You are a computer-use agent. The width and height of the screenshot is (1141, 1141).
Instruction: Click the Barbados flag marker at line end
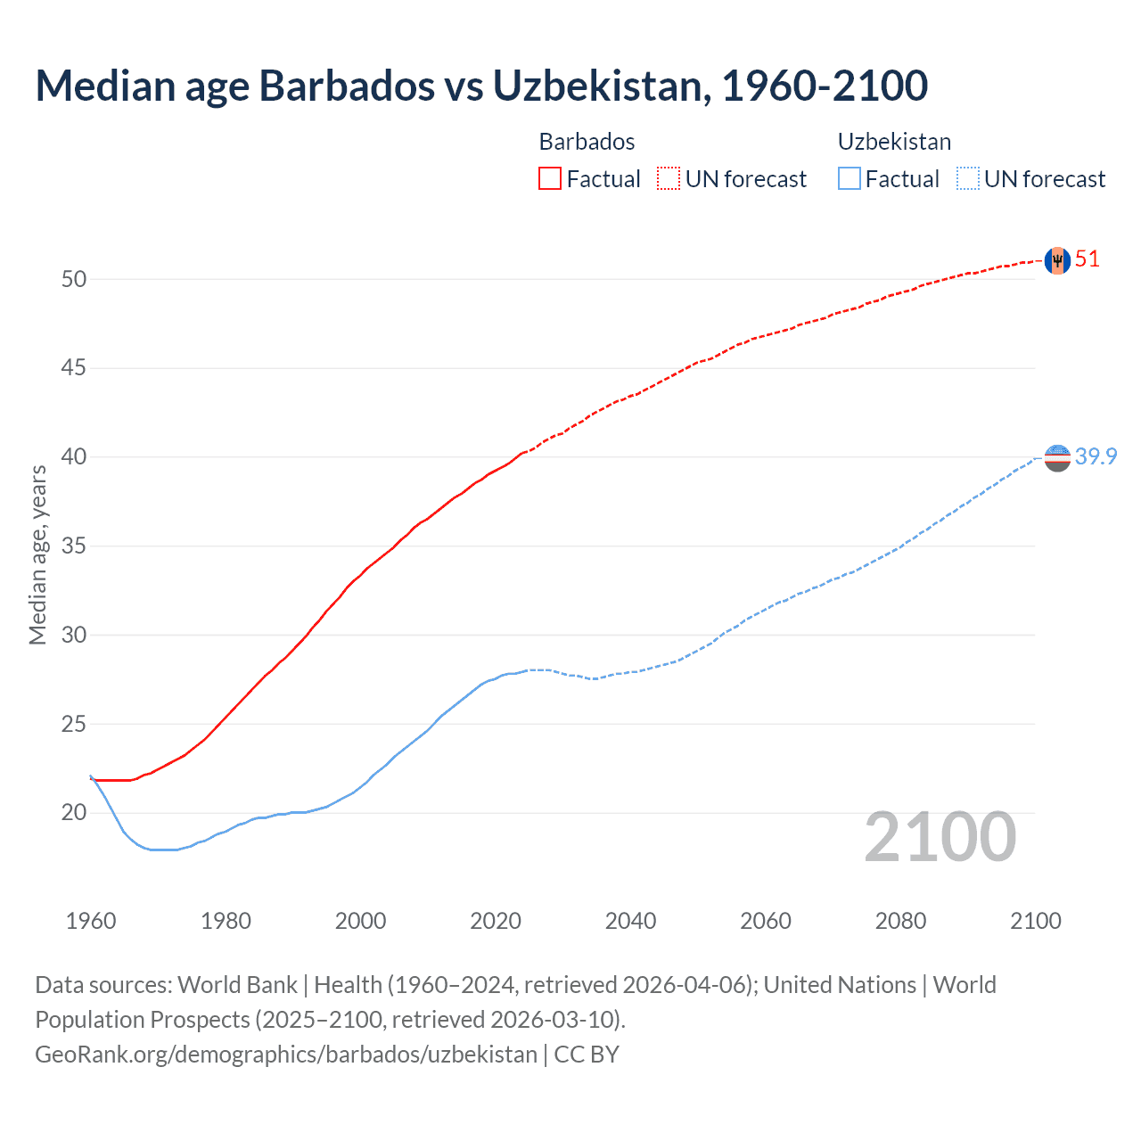(x=1056, y=260)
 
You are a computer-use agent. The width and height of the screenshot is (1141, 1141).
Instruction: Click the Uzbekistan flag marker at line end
(x=1056, y=457)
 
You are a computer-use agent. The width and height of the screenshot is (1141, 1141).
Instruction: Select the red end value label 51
(x=1088, y=259)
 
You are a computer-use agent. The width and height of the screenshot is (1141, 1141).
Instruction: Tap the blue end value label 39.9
(x=1096, y=456)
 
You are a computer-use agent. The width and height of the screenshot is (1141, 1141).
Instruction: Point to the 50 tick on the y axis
(x=74, y=279)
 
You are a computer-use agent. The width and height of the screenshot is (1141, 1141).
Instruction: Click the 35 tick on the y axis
(x=74, y=546)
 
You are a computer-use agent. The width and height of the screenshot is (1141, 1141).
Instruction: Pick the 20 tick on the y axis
(x=74, y=812)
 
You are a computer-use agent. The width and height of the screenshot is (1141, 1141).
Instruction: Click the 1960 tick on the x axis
(x=91, y=921)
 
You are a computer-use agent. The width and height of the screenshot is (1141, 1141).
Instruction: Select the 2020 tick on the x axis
(x=496, y=921)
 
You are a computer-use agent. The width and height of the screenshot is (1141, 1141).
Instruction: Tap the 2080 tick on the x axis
(x=900, y=921)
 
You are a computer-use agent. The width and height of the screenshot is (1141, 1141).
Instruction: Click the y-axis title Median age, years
(x=37, y=554)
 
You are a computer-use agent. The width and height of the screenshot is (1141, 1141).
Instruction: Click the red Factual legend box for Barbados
(x=550, y=178)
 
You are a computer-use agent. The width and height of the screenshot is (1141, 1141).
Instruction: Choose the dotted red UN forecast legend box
(x=669, y=178)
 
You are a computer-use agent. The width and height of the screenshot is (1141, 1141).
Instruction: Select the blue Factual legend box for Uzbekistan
(x=850, y=178)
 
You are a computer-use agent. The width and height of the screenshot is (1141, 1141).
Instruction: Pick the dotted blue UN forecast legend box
(x=967, y=178)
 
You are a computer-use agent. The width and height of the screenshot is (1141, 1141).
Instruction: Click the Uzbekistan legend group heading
(x=894, y=142)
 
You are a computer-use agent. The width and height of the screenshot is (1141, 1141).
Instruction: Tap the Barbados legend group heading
(x=587, y=142)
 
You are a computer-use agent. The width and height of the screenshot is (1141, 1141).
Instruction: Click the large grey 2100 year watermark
(x=940, y=837)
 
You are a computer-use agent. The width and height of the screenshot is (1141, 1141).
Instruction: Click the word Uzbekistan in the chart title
(x=602, y=86)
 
